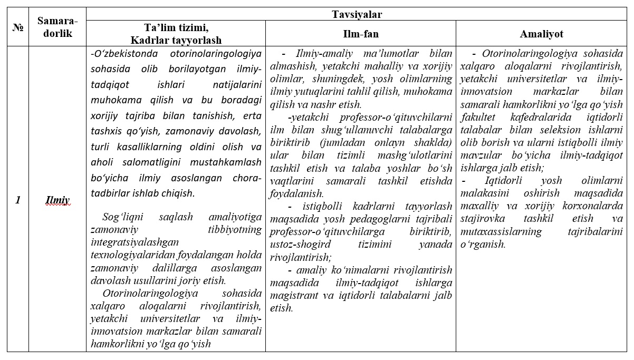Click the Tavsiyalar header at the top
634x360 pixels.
(357, 14)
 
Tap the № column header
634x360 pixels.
(17, 28)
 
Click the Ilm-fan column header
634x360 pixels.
(360, 34)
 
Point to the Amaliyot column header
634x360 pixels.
(541, 34)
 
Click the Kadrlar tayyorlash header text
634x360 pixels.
(176, 40)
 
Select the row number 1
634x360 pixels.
(17, 200)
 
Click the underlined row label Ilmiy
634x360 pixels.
(57, 200)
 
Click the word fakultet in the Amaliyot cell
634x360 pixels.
(478, 116)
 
